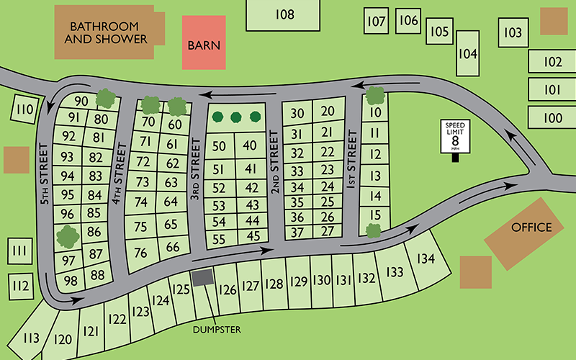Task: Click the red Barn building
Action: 204,44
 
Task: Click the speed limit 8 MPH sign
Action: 455,138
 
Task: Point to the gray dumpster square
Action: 203,277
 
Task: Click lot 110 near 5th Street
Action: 24,110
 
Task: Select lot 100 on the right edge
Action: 552,117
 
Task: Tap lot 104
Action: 468,54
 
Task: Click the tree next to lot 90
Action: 106,97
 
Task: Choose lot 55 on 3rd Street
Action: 220,238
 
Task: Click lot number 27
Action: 328,232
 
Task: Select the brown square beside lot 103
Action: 553,22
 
